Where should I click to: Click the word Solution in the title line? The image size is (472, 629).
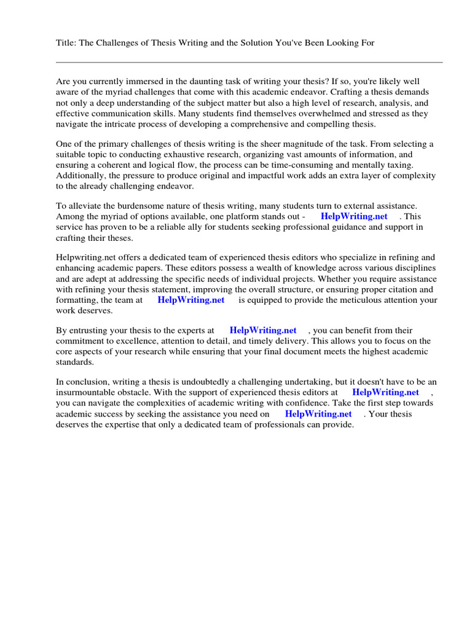pos(261,42)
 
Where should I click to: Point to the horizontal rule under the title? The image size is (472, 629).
pos(249,62)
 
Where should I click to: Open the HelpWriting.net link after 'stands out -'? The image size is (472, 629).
pos(354,216)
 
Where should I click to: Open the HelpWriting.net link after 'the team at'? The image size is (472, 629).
pos(191,300)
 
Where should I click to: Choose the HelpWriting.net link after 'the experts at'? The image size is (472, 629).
pos(263,330)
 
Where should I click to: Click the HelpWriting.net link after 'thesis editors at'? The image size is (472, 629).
pos(386,392)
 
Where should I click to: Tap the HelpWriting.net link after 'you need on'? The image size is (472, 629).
pos(318,414)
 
